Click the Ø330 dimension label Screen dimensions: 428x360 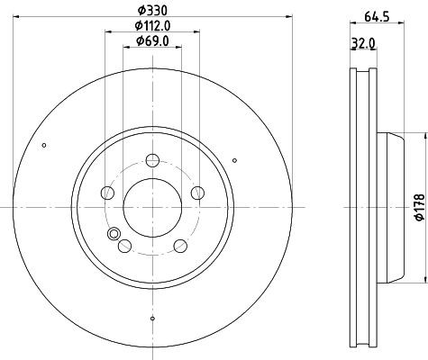[x=152, y=11]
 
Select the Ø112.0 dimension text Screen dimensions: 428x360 [x=152, y=26]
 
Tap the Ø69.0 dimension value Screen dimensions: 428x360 [x=152, y=40]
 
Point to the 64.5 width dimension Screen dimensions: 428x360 [x=377, y=17]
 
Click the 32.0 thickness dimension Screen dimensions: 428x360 [x=363, y=44]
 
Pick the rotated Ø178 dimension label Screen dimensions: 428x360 [x=420, y=207]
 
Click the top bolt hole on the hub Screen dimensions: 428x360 [x=152, y=160]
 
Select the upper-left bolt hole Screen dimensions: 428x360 [x=107, y=193]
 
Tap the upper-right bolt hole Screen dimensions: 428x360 [x=197, y=193]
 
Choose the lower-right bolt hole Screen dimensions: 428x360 [x=180, y=246]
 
